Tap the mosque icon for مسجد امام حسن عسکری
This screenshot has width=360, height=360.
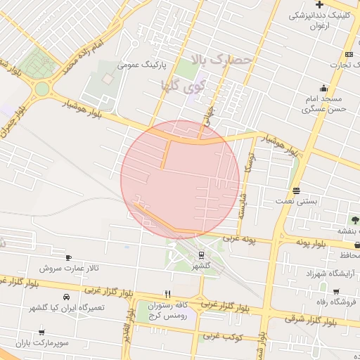(323, 88)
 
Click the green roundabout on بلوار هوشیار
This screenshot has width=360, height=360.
(42, 89)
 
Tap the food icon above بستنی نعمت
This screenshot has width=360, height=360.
(297, 191)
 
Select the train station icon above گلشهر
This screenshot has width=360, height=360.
(202, 254)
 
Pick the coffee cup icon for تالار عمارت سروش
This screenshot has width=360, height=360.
(68, 257)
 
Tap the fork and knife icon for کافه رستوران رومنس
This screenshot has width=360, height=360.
(167, 294)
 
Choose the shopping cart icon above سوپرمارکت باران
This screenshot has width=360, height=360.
(42, 332)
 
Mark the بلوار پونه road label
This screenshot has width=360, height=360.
(311, 243)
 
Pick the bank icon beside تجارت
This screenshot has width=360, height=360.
(349, 54)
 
